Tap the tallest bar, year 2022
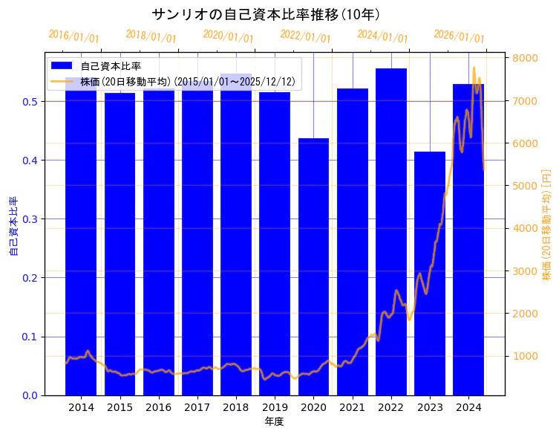coord(391,231)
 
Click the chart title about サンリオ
coord(266,14)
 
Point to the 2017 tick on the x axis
coord(197,407)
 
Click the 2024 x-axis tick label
coord(468,407)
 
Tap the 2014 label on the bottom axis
coord(81,407)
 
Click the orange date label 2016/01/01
coord(73,36)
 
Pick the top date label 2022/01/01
coord(305,36)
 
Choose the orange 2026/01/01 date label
coord(459,36)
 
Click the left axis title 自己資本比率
coord(13,226)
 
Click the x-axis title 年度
coord(275,421)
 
